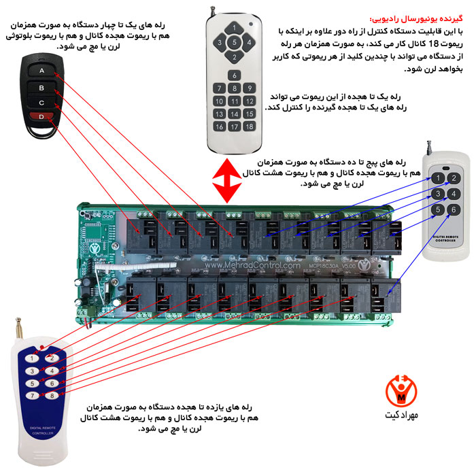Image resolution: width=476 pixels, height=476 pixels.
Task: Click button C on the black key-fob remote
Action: pos(42,103)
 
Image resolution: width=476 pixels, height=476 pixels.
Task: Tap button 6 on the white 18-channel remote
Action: pos(234,75)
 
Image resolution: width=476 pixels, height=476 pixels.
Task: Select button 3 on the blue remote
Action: pos(31,371)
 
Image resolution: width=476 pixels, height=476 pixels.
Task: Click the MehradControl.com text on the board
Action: pos(259,266)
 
